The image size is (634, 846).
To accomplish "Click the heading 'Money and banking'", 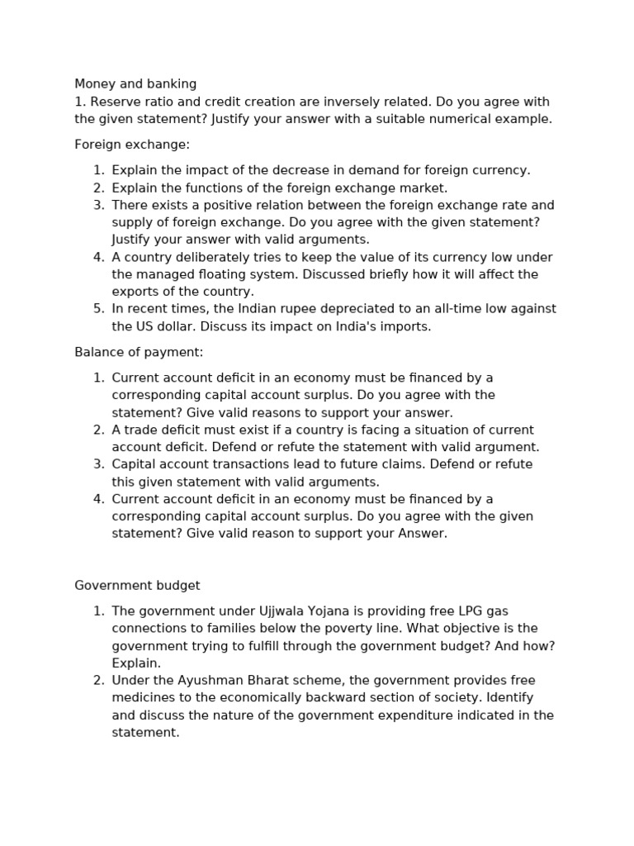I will (135, 84).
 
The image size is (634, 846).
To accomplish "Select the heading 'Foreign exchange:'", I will (132, 145).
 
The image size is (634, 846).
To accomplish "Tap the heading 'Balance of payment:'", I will (139, 352).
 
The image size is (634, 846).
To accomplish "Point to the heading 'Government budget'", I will (137, 585).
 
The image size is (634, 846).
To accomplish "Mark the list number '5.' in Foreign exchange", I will (98, 309).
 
